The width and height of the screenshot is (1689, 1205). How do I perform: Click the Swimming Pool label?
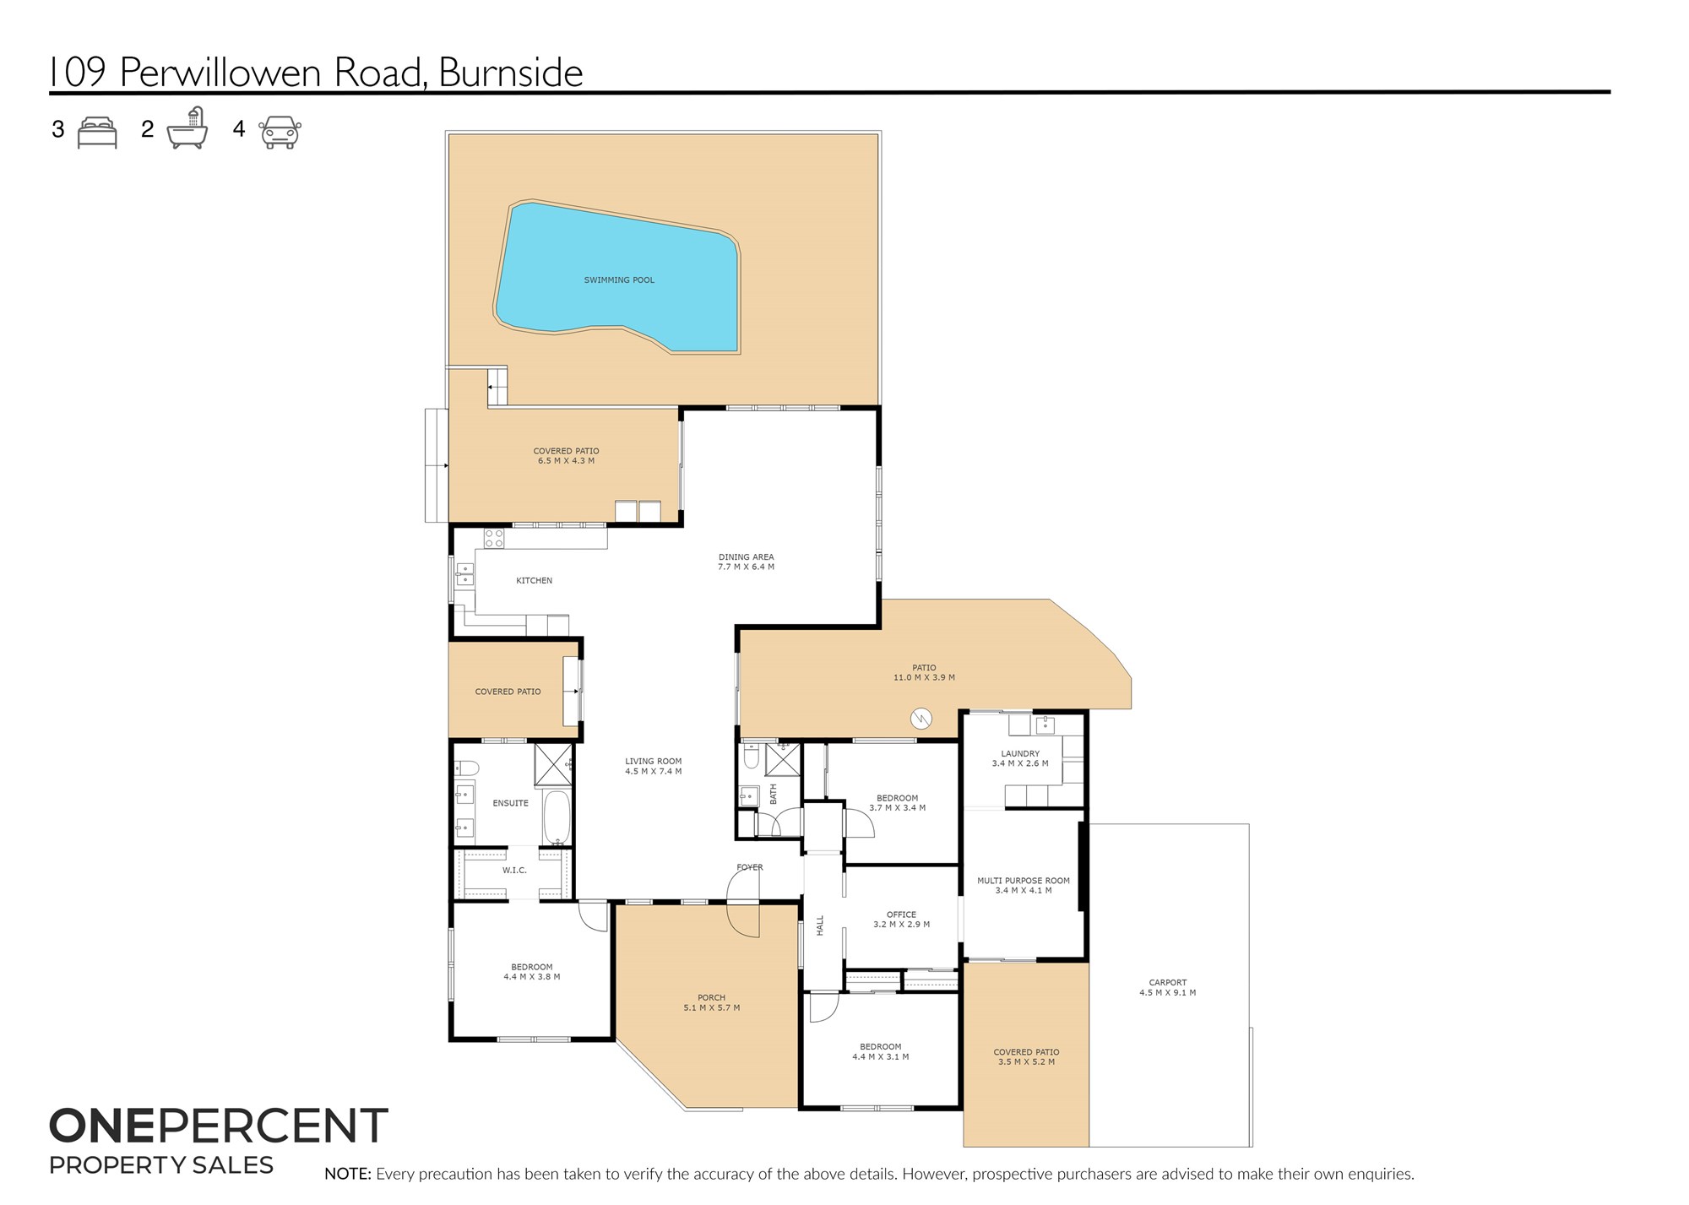point(619,280)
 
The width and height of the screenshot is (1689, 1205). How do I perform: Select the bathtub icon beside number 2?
point(187,128)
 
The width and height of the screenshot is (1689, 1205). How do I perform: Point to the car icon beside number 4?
point(280,133)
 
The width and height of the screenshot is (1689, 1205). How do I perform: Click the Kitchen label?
point(535,581)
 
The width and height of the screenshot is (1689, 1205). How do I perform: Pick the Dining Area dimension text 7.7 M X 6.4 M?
point(746,567)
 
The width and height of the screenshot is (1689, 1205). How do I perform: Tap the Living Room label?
point(654,762)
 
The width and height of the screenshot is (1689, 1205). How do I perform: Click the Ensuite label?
point(511,804)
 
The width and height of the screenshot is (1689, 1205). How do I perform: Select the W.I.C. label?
point(514,871)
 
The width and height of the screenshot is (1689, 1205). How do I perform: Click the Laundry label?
point(1020,754)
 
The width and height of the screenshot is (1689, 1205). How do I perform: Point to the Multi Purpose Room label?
point(1024,881)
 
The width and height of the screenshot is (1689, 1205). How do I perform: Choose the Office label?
point(902,915)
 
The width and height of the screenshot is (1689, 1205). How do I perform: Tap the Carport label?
point(1168,983)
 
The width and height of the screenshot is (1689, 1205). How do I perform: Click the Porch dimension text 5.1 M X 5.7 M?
point(712,1008)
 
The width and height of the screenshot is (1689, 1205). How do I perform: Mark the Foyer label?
point(750,867)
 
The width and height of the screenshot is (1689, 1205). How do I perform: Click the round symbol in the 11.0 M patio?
point(921,719)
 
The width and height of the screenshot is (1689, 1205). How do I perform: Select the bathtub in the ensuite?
point(557,817)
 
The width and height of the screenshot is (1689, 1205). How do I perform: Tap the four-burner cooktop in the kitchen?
point(494,538)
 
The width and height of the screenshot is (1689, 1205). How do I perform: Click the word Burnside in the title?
point(511,73)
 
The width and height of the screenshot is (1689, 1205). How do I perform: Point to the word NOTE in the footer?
point(348,1175)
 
